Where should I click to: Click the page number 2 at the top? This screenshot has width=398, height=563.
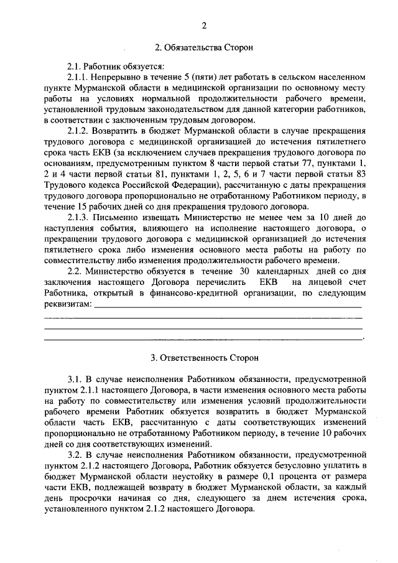point(203,26)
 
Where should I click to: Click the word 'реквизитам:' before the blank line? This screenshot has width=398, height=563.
point(67,305)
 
